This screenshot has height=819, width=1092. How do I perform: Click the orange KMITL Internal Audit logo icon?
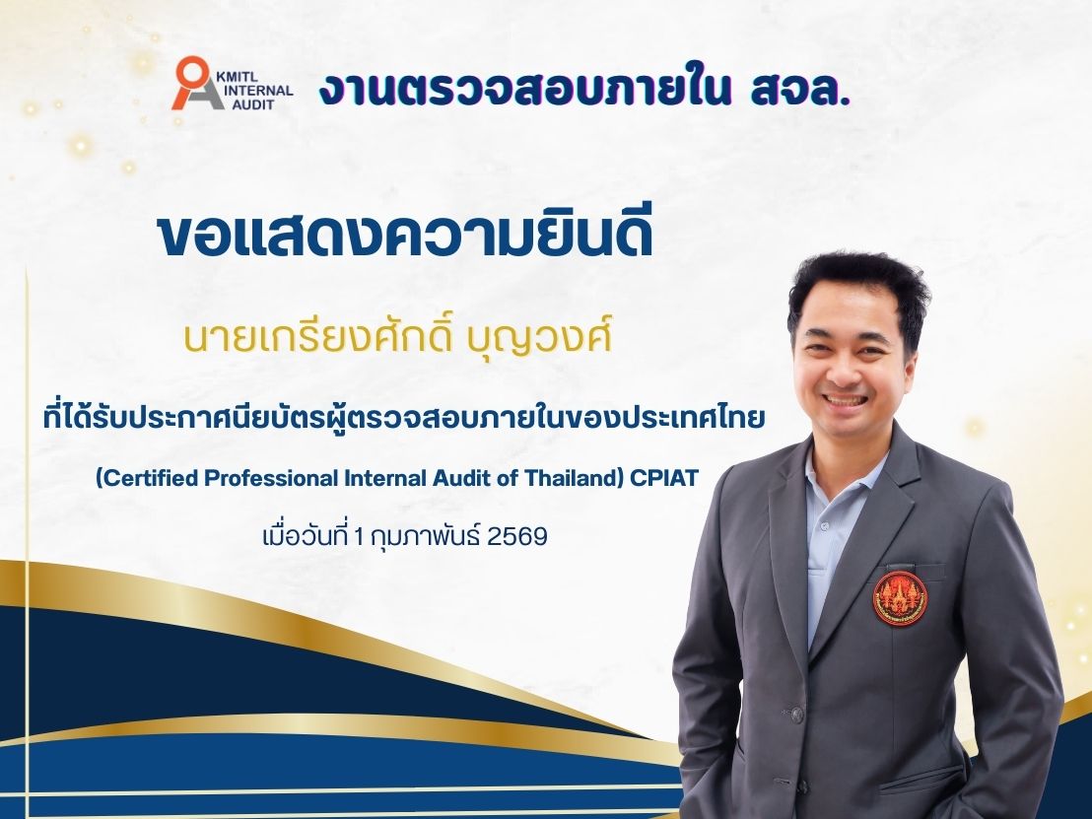193,84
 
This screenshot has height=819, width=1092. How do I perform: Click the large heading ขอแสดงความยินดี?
405,235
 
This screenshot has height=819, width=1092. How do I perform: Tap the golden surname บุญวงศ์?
552,338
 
